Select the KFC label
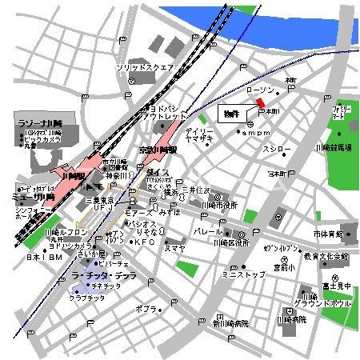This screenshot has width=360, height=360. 144,241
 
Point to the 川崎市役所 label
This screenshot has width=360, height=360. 220,205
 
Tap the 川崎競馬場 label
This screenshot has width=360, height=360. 333,149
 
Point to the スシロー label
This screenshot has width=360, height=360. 278,150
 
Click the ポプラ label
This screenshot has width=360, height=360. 146,307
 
